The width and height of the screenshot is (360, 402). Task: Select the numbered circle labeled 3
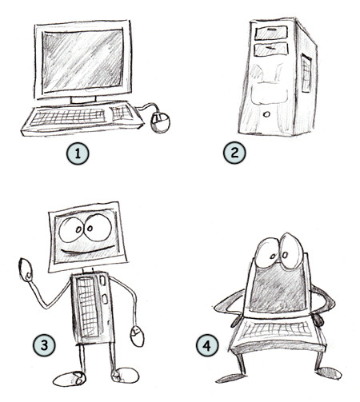coord(44,345)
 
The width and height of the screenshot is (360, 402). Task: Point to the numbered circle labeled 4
coord(207,345)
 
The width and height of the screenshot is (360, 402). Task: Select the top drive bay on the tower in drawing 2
coord(270,33)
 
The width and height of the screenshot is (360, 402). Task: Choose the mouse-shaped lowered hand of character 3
coord(137,336)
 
